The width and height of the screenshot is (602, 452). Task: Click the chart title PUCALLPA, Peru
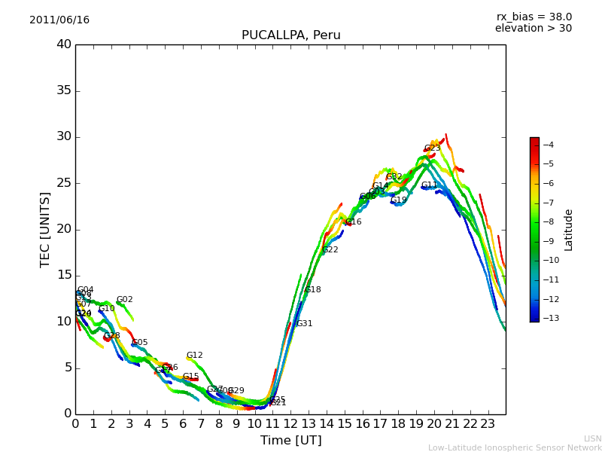pyautogui.click(x=290, y=35)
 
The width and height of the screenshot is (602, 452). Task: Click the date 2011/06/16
pyautogui.click(x=59, y=20)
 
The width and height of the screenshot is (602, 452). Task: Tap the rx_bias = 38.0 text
pyautogui.click(x=534, y=17)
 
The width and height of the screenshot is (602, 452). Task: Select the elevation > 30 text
pyautogui.click(x=533, y=29)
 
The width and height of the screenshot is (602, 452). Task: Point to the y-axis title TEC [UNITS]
pyautogui.click(x=45, y=229)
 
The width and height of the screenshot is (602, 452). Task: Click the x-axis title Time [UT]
pyautogui.click(x=290, y=440)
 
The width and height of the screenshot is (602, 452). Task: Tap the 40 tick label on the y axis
pyautogui.click(x=63, y=44)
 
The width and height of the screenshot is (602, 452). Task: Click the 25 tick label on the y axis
pyautogui.click(x=63, y=183)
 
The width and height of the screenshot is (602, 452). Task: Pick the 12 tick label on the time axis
pyautogui.click(x=290, y=423)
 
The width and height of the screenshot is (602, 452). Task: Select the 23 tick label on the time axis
pyautogui.click(x=488, y=423)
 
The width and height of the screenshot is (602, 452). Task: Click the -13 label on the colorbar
pyautogui.click(x=546, y=318)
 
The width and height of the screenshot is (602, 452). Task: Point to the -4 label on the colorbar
pyautogui.click(x=548, y=145)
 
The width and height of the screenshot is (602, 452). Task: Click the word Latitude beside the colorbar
pyautogui.click(x=569, y=229)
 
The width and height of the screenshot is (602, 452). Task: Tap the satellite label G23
pyautogui.click(x=432, y=148)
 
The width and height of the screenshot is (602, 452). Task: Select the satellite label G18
pyautogui.click(x=312, y=290)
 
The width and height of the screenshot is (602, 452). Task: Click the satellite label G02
pyautogui.click(x=124, y=300)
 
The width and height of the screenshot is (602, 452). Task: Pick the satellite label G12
pyautogui.click(x=194, y=356)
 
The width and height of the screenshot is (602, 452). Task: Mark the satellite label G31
pyautogui.click(x=304, y=324)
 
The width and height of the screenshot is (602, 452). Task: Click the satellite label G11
pyautogui.click(x=429, y=185)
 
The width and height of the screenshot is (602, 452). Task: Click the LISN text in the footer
pyautogui.click(x=593, y=438)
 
